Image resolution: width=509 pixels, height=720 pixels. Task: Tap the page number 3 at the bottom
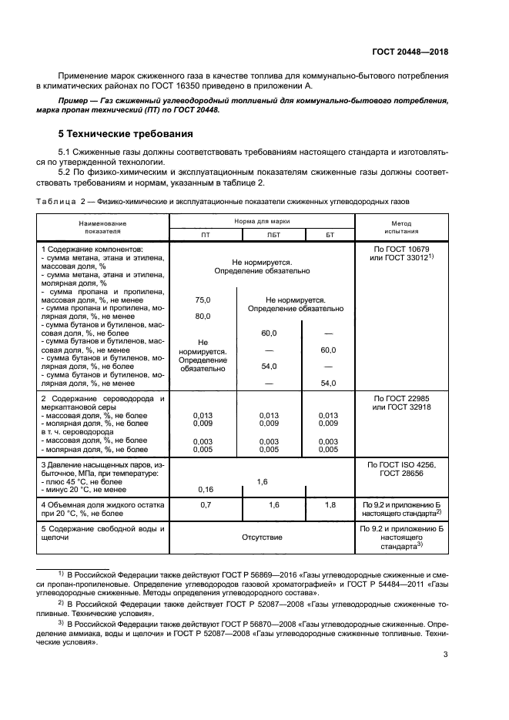(445, 655)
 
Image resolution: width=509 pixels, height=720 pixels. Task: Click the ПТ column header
(205, 234)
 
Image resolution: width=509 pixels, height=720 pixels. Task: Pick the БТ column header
(330, 234)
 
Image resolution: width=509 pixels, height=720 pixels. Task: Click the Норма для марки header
(262, 221)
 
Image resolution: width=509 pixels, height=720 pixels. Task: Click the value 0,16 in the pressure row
(205, 489)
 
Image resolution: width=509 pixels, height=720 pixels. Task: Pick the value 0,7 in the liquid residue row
(205, 504)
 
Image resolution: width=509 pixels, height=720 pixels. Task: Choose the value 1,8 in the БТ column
(330, 504)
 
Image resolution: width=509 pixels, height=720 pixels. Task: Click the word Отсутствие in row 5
(262, 537)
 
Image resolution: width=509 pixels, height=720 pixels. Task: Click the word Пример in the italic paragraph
(75, 101)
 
